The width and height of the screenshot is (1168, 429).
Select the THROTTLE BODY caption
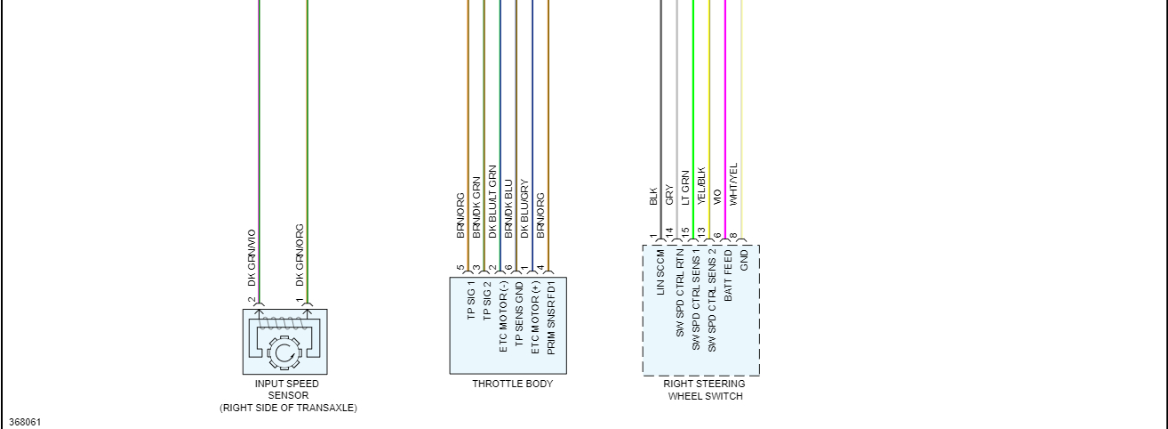point(512,384)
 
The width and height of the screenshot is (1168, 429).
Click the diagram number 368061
point(25,421)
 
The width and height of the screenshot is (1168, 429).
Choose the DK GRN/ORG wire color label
point(300,255)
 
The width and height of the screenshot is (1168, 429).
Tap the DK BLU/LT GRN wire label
point(492,199)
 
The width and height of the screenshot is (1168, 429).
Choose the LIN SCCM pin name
point(660,271)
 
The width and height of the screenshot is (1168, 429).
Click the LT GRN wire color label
point(684,188)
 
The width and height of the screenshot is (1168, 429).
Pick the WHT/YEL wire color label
point(732,184)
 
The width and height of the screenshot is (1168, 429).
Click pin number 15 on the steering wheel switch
point(684,233)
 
